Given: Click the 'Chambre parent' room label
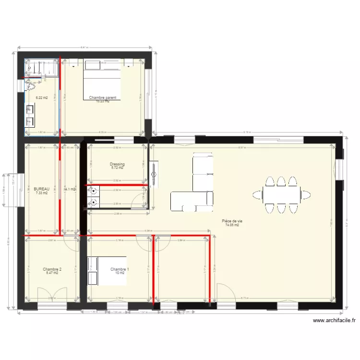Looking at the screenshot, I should click(x=102, y=97).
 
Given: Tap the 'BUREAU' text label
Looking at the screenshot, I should click(x=42, y=189).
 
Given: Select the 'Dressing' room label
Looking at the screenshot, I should click(x=117, y=164).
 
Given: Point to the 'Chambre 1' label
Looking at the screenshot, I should click(x=120, y=269).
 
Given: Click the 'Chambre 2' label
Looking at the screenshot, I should click(x=52, y=269).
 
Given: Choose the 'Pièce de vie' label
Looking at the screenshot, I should click(x=232, y=221).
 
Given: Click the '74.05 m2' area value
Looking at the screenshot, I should click(x=232, y=225).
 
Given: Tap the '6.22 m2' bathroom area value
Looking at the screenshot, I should click(x=42, y=97).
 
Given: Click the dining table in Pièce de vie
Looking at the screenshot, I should click(x=282, y=194).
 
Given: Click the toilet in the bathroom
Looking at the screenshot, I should click(x=31, y=86).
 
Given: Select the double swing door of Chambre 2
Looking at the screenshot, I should click(x=52, y=294).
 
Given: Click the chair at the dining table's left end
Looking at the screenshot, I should click(x=258, y=194).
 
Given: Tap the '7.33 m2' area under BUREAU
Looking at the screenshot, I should click(x=42, y=193).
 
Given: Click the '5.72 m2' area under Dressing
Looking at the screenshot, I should click(x=117, y=168).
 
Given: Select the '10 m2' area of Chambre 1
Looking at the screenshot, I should click(x=120, y=273).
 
